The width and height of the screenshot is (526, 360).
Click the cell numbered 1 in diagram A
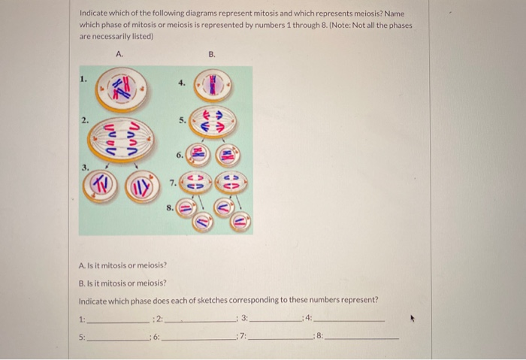pyautogui.click(x=121, y=89)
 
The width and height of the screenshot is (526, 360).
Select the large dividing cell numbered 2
pyautogui.click(x=121, y=140)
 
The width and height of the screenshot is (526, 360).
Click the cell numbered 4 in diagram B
pyautogui.click(x=213, y=86)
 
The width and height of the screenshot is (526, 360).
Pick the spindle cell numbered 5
pyautogui.click(x=213, y=122)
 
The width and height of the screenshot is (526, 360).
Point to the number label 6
pyautogui.click(x=180, y=155)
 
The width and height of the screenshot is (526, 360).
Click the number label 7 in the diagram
pyautogui.click(x=173, y=183)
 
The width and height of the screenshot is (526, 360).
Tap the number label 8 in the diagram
pyautogui.click(x=170, y=208)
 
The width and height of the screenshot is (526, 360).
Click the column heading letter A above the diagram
pyautogui.click(x=119, y=54)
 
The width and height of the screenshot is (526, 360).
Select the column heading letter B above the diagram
pyautogui.click(x=212, y=54)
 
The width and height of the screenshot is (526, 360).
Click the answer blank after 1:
pyautogui.click(x=117, y=322)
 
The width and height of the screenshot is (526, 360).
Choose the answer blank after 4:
pyautogui.click(x=349, y=321)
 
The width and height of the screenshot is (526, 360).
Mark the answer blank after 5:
pyautogui.click(x=117, y=340)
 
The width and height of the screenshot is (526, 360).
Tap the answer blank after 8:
pyautogui.click(x=362, y=338)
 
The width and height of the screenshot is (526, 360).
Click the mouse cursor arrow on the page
pyautogui.click(x=413, y=318)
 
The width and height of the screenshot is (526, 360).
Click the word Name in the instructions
pyautogui.click(x=394, y=14)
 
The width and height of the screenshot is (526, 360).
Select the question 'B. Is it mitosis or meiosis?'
pyautogui.click(x=122, y=283)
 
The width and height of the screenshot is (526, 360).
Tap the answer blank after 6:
pyautogui.click(x=199, y=340)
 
